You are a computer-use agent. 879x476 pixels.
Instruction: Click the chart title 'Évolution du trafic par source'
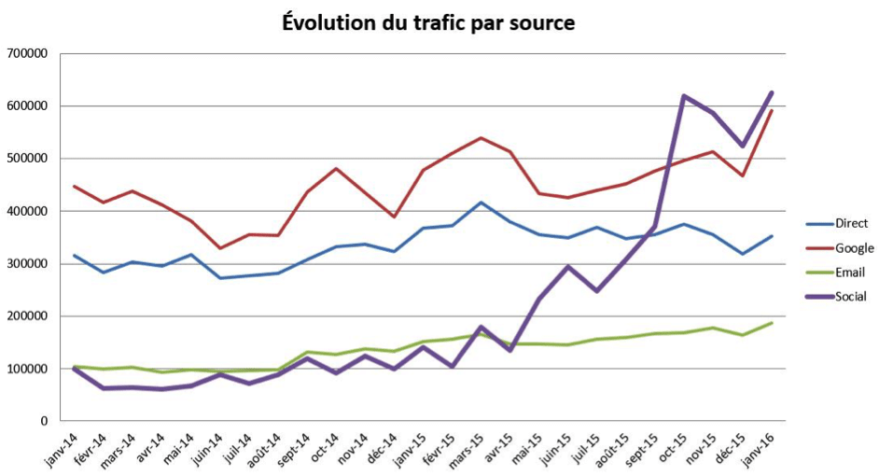coord(428,22)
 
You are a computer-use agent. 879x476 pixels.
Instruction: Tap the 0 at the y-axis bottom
coord(43,421)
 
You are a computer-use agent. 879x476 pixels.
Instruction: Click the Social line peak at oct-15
coord(684,96)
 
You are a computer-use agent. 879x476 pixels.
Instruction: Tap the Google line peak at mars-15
coord(481,138)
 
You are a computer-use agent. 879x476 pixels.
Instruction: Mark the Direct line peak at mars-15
coord(481,203)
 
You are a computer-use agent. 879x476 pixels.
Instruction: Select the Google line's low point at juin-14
coord(220,248)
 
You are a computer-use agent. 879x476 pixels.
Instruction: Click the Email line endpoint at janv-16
coord(771,323)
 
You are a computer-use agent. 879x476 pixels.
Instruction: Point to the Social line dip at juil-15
coord(596,291)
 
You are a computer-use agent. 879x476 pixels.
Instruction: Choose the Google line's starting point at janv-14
coord(75,187)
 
